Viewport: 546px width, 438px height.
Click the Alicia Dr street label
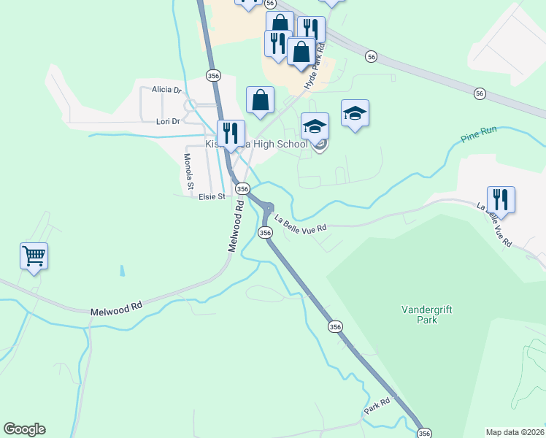[x=166, y=90]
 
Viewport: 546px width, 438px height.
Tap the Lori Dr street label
[x=167, y=121]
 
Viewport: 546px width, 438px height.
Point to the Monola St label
[x=188, y=172]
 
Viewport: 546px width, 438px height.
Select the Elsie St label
[x=211, y=196]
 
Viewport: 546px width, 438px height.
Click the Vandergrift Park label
[x=427, y=315]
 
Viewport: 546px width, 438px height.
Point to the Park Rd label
[x=378, y=407]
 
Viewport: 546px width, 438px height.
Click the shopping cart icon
[x=34, y=256]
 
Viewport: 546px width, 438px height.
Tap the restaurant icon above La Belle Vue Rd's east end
[x=501, y=199]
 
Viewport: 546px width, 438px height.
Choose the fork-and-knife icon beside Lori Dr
[x=231, y=134]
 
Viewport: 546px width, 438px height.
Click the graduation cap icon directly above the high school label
[x=315, y=126]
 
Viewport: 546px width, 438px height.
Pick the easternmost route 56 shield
[x=479, y=93]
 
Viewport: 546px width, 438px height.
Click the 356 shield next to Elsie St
[x=242, y=188]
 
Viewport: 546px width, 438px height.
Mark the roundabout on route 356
[x=268, y=209]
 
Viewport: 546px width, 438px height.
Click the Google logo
[x=25, y=429]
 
